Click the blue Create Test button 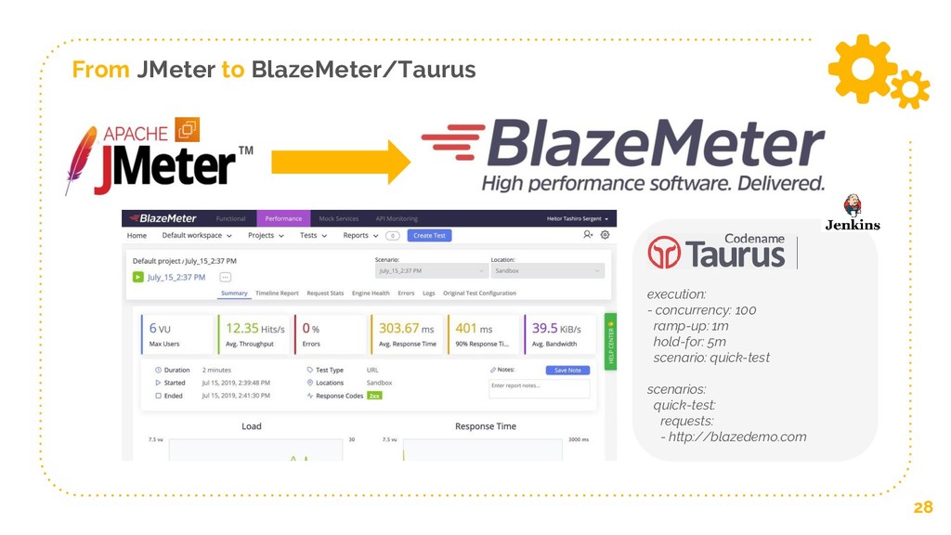click(429, 235)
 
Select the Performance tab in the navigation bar click(283, 218)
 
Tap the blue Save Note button click(567, 370)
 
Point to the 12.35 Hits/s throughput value click(254, 328)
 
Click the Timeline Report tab click(277, 294)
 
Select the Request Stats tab click(325, 294)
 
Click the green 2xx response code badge click(374, 396)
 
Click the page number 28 click(922, 507)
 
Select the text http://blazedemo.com click(736, 437)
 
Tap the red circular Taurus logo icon click(664, 252)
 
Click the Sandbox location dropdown click(548, 270)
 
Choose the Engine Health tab click(371, 294)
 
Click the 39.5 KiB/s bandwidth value click(555, 328)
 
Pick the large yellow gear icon click(862, 68)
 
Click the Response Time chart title click(485, 426)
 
